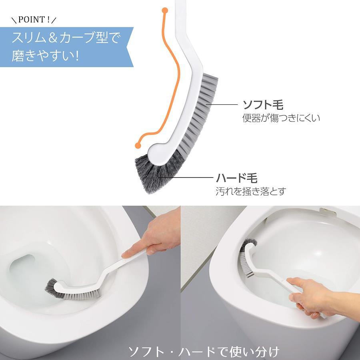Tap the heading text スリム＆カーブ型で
tap(66, 38)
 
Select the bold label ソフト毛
tap(263, 105)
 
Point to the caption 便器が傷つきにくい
tap(281, 118)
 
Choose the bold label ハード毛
tap(237, 178)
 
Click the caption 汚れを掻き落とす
tap(251, 191)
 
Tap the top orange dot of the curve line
tap(165, 10)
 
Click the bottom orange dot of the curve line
tap(138, 145)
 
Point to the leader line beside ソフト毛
tap(222, 105)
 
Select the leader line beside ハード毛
tap(186, 177)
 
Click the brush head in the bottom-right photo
tap(247, 257)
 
